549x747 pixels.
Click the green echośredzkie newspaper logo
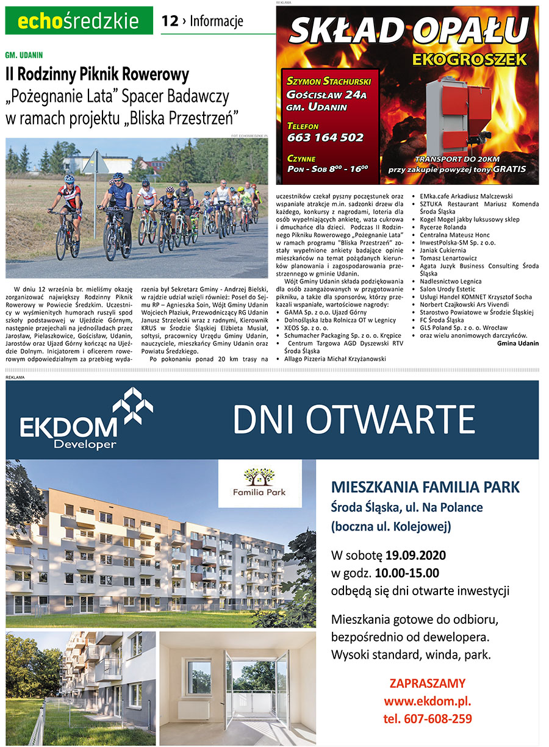point(79,21)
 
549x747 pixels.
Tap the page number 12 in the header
point(170,21)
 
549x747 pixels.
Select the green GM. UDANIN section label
point(24,55)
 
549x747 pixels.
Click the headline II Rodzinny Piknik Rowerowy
point(97,75)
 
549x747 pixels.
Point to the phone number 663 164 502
point(325,137)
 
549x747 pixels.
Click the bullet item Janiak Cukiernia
point(442,250)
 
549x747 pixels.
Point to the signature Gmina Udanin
point(518,343)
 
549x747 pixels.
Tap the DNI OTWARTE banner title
point(353,420)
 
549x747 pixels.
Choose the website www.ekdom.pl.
point(427,701)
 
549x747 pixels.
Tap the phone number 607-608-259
point(427,718)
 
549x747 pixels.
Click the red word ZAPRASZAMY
point(427,683)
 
